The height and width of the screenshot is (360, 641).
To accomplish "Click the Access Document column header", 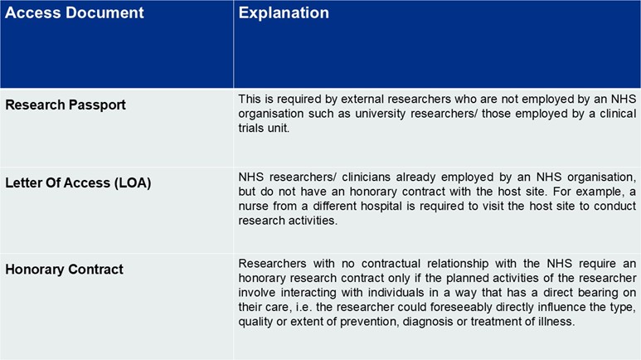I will (75, 13).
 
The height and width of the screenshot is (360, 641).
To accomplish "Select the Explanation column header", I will (284, 13).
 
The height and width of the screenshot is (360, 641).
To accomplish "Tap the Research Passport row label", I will (66, 105).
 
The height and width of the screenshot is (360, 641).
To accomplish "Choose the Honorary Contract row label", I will (64, 269).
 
